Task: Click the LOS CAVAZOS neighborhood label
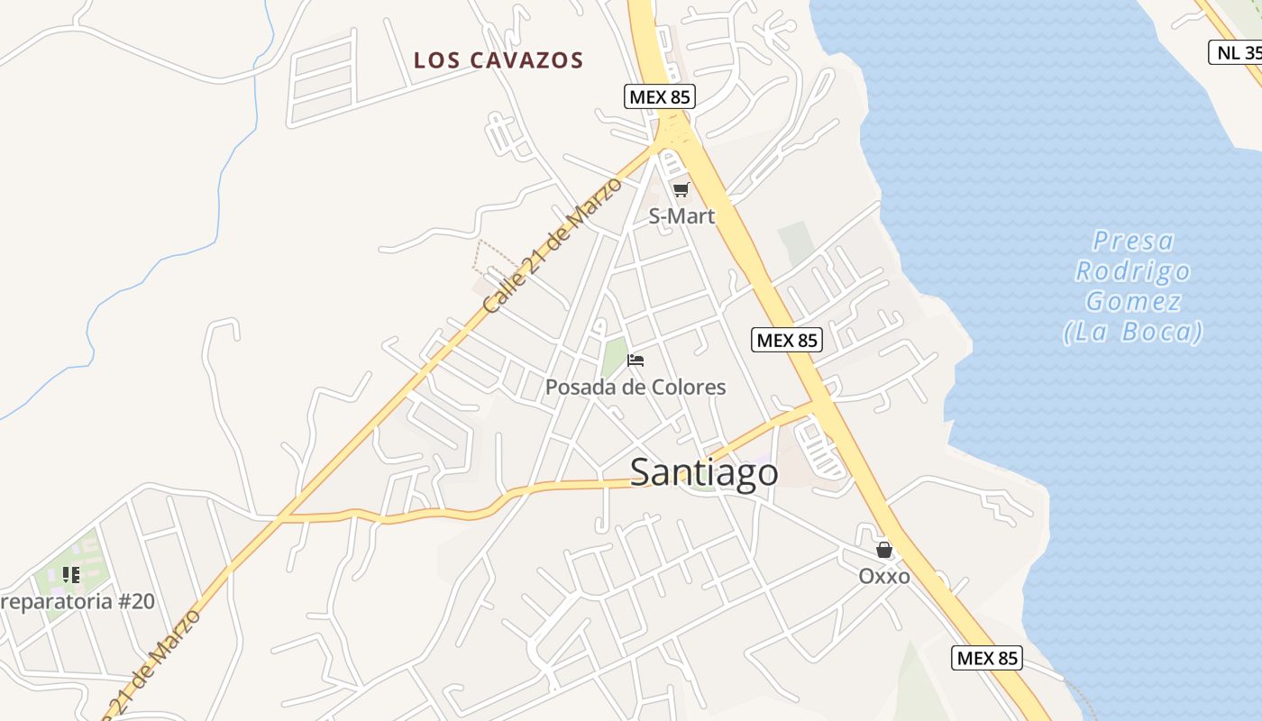(498, 60)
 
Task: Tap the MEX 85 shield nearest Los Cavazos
(660, 96)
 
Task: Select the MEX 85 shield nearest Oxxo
(987, 658)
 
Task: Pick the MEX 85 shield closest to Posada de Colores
(786, 340)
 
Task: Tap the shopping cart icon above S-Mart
(681, 189)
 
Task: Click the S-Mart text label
(681, 216)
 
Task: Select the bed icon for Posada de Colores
(636, 360)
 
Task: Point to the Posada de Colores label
(636, 388)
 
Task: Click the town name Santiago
(704, 472)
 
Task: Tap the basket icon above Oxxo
(884, 549)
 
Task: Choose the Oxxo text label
(884, 576)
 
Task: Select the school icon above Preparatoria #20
(71, 574)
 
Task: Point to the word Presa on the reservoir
(1133, 241)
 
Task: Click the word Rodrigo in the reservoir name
(1133, 271)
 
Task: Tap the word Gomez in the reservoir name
(1133, 301)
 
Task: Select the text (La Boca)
(1133, 332)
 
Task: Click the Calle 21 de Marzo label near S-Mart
(553, 245)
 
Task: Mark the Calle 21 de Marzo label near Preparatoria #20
(153, 665)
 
